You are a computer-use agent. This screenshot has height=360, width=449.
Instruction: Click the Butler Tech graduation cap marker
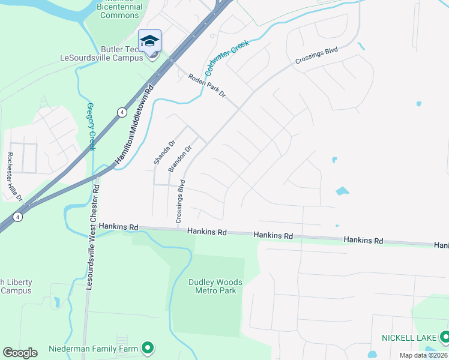[x=149, y=41]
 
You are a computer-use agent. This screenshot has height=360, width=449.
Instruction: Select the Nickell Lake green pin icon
[x=444, y=337]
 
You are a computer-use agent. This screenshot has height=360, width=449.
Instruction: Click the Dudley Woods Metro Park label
[x=215, y=286]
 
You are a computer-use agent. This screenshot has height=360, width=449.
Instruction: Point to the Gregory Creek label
[x=91, y=127]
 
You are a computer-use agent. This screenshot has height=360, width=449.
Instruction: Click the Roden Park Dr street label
[x=206, y=86]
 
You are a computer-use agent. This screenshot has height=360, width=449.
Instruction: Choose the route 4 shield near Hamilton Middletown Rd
[x=122, y=112]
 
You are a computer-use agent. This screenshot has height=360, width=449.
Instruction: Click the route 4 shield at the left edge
[x=19, y=217]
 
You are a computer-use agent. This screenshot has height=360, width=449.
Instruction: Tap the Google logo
[x=20, y=353]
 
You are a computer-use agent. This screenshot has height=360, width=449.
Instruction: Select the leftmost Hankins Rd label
[x=119, y=227]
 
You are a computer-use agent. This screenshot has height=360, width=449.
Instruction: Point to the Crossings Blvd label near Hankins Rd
[x=180, y=201]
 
